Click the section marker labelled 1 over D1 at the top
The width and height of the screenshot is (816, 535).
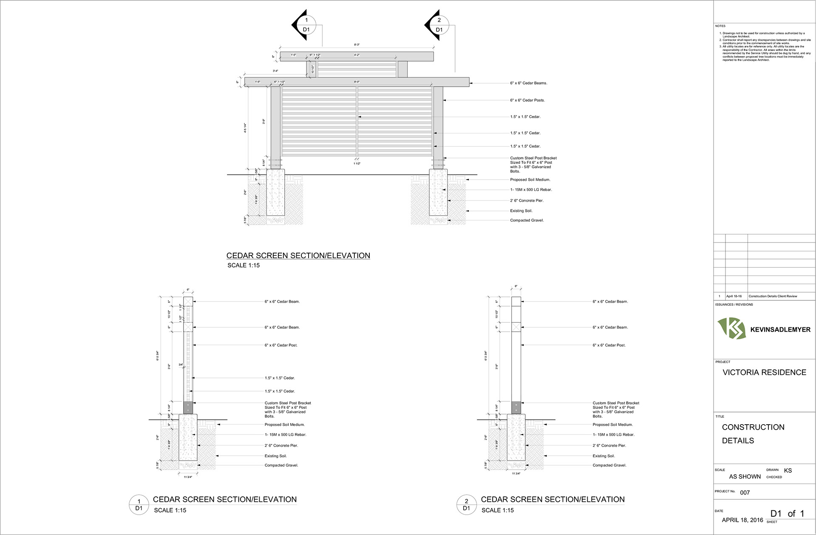click(x=306, y=25)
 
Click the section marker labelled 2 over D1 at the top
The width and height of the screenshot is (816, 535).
click(x=439, y=25)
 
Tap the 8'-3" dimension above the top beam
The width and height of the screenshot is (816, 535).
click(x=357, y=45)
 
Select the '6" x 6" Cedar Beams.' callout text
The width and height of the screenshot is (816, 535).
click(x=529, y=83)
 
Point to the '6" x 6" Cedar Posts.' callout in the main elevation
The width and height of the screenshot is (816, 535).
click(x=527, y=100)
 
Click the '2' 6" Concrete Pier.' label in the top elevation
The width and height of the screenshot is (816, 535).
click(x=527, y=200)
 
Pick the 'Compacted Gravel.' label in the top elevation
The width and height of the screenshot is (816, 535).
click(x=527, y=220)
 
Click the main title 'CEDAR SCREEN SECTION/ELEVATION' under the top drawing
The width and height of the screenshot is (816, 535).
click(x=298, y=256)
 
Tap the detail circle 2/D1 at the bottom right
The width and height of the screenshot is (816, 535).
click(x=467, y=505)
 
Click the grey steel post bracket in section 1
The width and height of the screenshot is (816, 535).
click(x=188, y=408)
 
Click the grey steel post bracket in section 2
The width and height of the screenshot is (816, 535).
click(x=516, y=408)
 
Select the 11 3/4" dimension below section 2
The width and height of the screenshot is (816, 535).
click(x=516, y=473)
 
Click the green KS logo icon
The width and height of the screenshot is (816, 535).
click(x=731, y=329)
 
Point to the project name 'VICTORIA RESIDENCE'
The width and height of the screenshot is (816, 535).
click(x=764, y=372)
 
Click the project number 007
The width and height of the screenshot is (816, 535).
click(x=745, y=493)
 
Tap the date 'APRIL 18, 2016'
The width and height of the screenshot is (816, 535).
click(x=742, y=520)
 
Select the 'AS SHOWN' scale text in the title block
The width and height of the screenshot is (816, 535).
click(x=745, y=476)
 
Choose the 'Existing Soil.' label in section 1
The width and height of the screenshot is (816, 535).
click(x=275, y=456)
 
